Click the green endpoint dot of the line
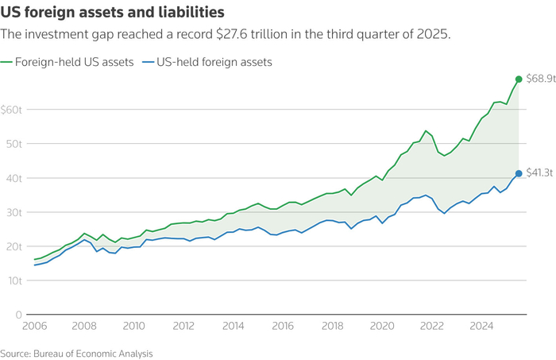pyautogui.click(x=519, y=79)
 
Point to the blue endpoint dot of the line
pyautogui.click(x=519, y=173)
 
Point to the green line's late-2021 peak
pyautogui.click(x=426, y=131)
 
